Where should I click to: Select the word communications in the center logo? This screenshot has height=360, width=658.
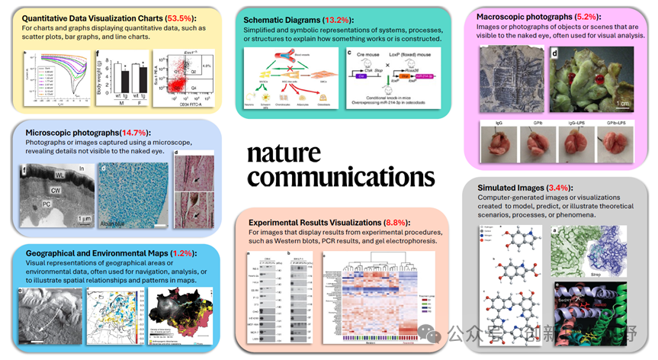tap(341, 177)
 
